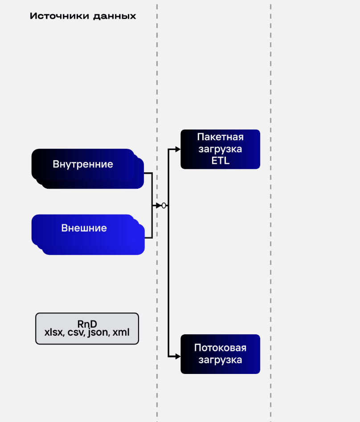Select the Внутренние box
(83, 164)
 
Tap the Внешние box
(84, 228)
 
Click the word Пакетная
(221, 136)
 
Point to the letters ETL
(221, 161)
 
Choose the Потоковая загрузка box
(220, 354)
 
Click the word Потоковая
(221, 348)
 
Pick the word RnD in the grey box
(87, 324)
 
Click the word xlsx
(54, 332)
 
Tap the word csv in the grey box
(76, 332)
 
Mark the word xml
(121, 332)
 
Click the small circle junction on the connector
(164, 205)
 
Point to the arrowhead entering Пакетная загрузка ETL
(178, 150)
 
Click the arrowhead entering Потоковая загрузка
(178, 356)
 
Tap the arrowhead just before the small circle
(159, 205)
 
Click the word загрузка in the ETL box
(221, 148)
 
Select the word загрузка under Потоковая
(221, 360)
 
